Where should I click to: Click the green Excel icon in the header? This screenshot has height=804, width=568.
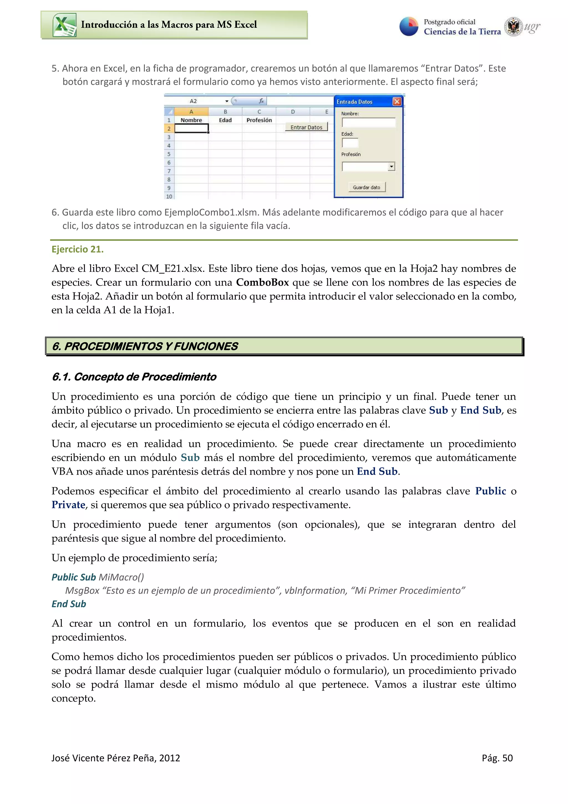64,25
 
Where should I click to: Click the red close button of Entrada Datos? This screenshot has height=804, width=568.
397,102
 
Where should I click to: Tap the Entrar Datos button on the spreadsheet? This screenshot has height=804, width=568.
306,127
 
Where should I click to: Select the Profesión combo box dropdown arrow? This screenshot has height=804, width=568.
391,167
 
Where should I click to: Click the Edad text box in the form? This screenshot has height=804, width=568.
350,143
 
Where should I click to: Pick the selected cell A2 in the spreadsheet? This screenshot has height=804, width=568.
191,128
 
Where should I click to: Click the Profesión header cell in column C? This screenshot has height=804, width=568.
259,120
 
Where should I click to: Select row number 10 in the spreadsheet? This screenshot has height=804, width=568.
169,196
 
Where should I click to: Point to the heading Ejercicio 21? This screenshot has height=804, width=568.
77,249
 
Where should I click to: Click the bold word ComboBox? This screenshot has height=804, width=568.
262,282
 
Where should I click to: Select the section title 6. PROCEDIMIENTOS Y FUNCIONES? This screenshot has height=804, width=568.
145,346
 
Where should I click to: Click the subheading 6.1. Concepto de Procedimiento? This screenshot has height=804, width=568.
134,377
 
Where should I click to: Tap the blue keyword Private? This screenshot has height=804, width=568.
68,505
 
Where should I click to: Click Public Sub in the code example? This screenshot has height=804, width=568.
73,577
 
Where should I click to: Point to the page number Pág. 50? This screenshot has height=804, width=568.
497,758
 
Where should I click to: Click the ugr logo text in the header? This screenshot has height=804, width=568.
532,27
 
